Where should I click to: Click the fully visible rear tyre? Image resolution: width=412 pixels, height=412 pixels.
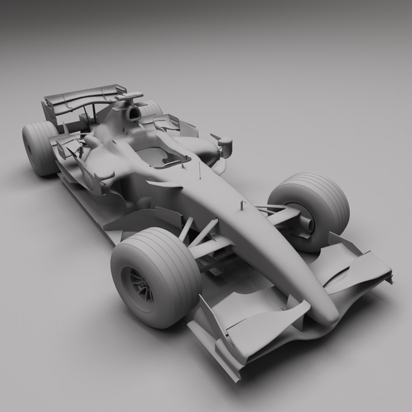pos(38,149)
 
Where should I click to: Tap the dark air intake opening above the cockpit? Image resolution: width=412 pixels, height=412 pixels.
pos(134,113)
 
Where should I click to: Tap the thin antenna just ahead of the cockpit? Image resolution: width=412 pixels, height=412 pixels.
pos(200,171)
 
